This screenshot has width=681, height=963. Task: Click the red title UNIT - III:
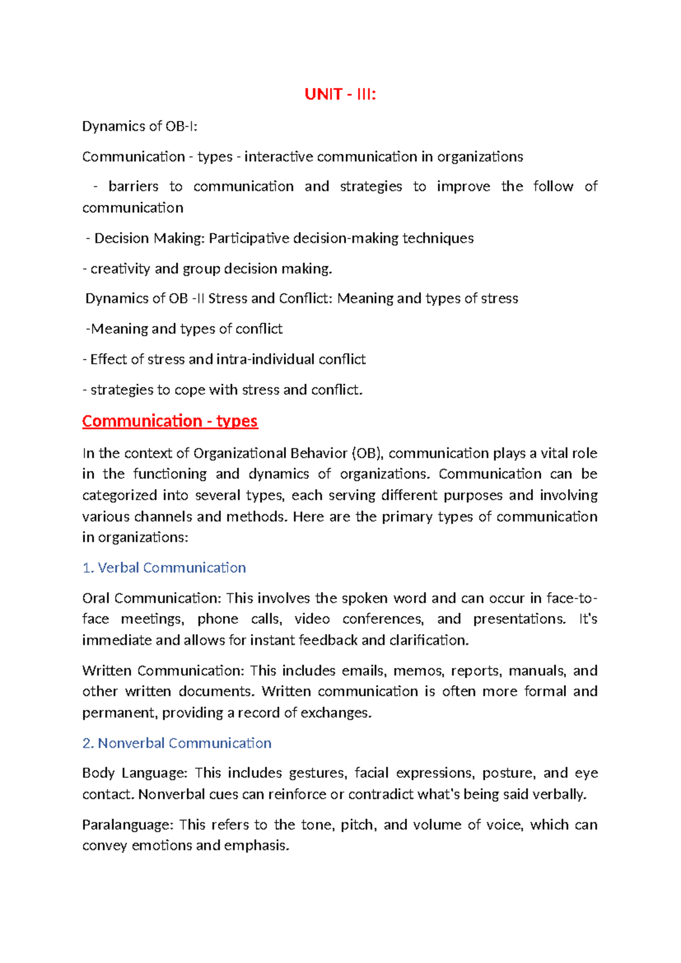point(340,94)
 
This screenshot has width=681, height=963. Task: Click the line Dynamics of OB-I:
point(140,126)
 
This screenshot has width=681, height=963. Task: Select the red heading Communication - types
point(170,421)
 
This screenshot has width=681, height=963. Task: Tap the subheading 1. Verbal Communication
point(164,568)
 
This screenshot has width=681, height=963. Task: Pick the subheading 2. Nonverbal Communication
point(176,743)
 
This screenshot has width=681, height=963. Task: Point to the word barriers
point(133,187)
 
